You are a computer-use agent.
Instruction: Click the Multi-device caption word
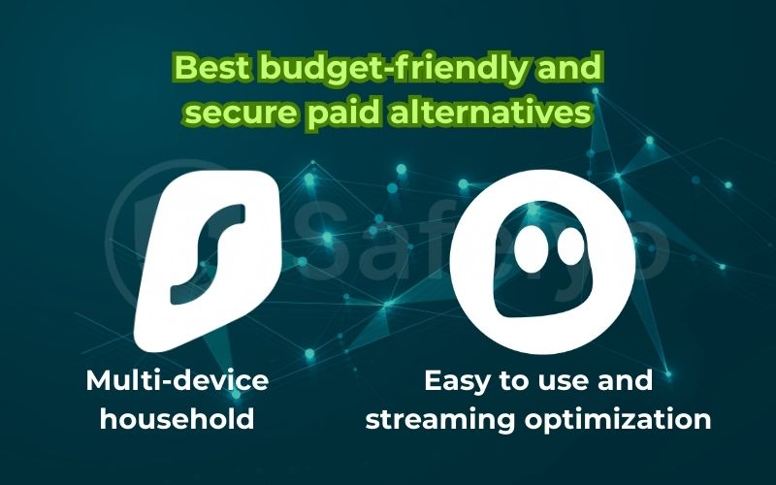pos(177,381)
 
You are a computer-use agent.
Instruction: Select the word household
pos(178,420)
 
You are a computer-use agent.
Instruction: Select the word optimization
pos(627,420)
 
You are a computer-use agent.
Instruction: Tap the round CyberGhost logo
pos(542,262)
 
